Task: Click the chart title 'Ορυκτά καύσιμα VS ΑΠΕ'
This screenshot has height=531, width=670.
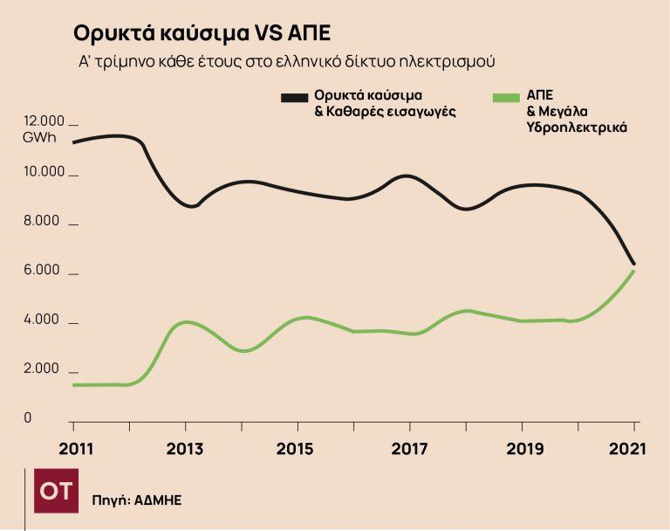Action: [x=202, y=33]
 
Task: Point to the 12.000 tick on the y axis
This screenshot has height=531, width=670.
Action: [x=44, y=121]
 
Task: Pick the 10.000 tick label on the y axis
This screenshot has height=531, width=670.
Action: [x=44, y=171]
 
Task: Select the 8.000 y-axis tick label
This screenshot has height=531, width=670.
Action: [x=43, y=221]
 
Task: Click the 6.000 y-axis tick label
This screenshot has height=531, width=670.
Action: [x=43, y=270]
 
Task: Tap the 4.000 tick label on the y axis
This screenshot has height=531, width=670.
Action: [x=43, y=320]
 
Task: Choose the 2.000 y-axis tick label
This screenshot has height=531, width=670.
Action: [x=43, y=369]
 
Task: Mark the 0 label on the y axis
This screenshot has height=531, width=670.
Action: [x=27, y=418]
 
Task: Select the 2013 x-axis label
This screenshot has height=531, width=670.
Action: [x=185, y=450]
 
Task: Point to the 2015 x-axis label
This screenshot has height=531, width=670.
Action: [x=297, y=450]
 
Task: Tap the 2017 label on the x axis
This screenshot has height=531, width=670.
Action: [x=409, y=450]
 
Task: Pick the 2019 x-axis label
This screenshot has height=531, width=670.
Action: [x=522, y=450]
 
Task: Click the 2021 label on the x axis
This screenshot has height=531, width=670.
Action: [x=628, y=450]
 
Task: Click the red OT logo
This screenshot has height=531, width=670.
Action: [x=56, y=493]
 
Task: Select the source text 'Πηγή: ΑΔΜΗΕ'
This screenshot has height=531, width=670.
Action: [x=137, y=500]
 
